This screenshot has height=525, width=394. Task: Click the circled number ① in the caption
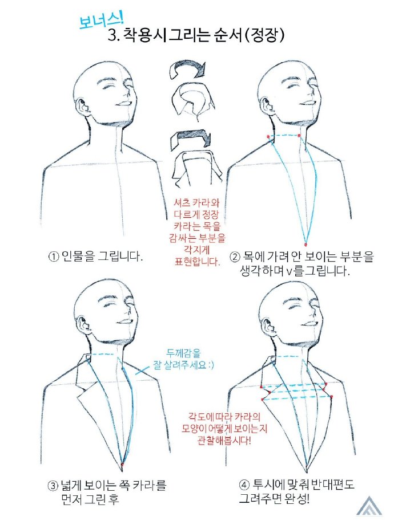53,257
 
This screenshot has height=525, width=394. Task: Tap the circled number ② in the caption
235,258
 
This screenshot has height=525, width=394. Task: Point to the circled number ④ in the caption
244,486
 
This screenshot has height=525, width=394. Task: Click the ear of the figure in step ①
84,107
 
